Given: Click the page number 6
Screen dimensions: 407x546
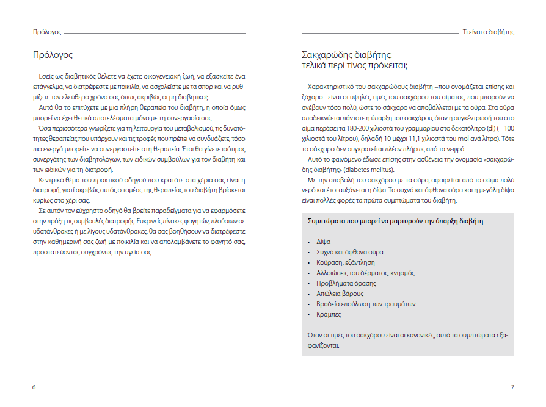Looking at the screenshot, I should pos(34,387).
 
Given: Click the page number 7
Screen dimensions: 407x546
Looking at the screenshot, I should pos(512,387).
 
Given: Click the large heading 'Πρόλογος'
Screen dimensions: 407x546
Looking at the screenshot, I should pos(53,55).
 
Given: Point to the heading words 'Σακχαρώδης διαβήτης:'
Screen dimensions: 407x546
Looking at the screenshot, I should pos(346,55).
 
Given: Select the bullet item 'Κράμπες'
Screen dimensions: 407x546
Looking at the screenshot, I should pos(328,314).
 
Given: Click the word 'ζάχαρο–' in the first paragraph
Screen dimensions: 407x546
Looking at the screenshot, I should pos(316,98).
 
